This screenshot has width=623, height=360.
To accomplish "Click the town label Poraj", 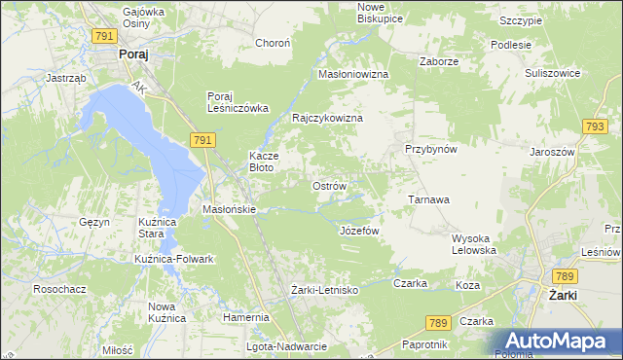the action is pos(132,55).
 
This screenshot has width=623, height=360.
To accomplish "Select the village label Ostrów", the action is pos(328,186).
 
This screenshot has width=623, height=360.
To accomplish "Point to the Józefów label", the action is pos(358,231).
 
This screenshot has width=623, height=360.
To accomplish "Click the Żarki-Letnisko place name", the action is pos(325,290).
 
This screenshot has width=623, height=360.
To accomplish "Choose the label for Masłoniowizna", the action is pos(353,74).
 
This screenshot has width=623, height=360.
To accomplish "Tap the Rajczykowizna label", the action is pos(328,118).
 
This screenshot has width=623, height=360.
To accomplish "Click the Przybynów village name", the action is pos(431,149).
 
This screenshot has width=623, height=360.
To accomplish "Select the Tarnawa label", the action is pos(428,199).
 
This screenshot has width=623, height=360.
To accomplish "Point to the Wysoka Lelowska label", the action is pos(474,243).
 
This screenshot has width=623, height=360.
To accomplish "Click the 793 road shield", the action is pos(595,126).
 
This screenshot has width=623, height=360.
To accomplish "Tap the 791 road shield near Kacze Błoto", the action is pos(202,141).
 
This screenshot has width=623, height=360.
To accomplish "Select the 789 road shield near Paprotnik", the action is pos(437,322).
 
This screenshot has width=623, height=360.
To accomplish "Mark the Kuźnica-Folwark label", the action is pos(173,259).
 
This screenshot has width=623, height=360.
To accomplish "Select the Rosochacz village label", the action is pos(57,289).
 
